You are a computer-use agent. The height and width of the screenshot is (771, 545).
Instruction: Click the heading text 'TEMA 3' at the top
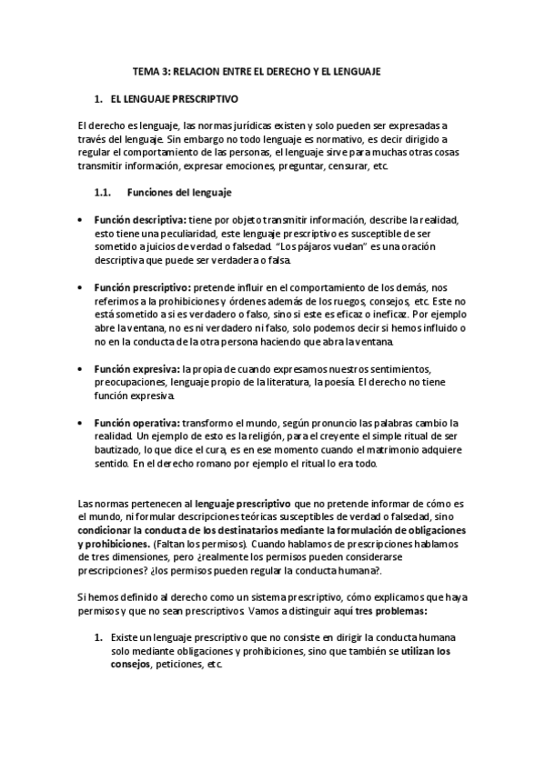(150, 70)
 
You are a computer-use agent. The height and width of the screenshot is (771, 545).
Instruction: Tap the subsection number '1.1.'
(102, 192)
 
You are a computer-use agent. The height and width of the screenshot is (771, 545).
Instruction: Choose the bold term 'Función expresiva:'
(137, 368)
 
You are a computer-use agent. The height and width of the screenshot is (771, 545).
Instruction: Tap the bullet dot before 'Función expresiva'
(83, 368)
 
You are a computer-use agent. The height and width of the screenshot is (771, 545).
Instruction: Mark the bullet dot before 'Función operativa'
(83, 423)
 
